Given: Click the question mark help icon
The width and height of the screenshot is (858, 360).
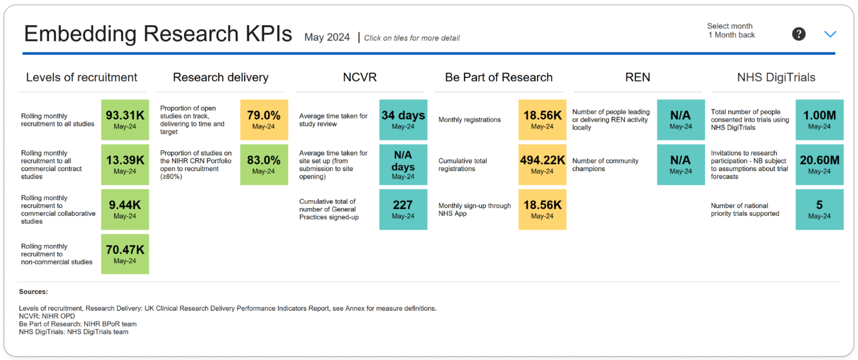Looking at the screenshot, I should point(799,34).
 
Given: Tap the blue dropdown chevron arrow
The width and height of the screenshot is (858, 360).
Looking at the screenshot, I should point(830,34).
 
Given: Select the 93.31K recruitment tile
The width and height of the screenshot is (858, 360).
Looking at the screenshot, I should point(125,120).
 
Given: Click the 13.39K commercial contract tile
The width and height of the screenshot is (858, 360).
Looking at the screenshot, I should point(125,165).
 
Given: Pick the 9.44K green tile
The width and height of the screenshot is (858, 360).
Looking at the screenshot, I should point(125,209).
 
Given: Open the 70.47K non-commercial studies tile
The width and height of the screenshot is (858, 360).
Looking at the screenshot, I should point(125,254).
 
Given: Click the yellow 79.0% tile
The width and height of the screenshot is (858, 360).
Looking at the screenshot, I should point(264,120).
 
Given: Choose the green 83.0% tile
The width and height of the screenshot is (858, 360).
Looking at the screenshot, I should point(264,165).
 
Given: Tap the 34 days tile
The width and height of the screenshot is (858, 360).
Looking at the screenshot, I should point(403,120).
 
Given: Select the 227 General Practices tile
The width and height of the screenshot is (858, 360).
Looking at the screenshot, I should point(403,209).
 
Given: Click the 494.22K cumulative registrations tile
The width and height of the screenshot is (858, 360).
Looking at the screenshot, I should point(542,165).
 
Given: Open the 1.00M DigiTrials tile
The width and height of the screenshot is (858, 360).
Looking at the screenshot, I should point(820,120).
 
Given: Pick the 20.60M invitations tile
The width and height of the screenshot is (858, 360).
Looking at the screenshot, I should point(820,165).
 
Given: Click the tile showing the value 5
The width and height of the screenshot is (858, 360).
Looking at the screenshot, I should point(820,209).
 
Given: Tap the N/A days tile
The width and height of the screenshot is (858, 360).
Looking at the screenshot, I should point(403,165).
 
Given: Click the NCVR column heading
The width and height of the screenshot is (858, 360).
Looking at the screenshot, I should point(360,77).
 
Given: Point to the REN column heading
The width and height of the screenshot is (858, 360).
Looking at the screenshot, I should point(637,77).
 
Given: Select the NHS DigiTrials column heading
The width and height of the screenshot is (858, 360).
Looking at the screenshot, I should point(776,77).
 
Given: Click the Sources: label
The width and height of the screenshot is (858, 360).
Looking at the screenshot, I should point(34,292).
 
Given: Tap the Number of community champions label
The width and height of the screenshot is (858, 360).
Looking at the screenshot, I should point(605,165).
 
